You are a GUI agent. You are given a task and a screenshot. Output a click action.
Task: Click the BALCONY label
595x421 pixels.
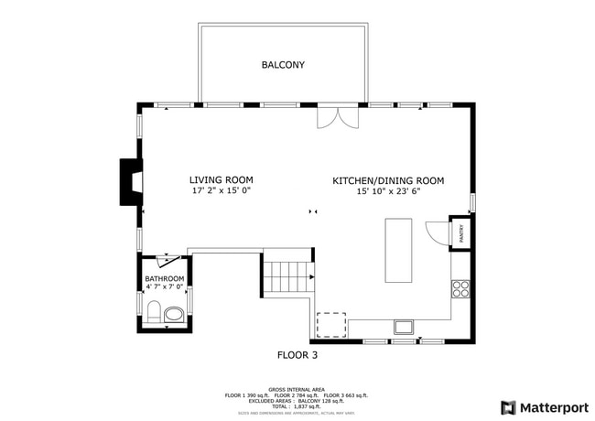pos(283,65)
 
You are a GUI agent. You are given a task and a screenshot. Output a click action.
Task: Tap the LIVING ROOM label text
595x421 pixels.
pos(222,180)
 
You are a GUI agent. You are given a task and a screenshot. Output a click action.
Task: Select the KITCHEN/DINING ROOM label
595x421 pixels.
pos(388,181)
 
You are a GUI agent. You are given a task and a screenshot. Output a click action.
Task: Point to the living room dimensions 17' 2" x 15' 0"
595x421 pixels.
pos(222,192)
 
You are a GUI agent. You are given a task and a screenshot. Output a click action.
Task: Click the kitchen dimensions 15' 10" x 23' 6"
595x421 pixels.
pos(388,192)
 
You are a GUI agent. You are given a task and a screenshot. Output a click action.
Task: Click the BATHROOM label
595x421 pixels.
pos(165,278)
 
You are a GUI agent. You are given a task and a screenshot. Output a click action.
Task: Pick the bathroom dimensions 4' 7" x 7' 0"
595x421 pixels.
pos(165,287)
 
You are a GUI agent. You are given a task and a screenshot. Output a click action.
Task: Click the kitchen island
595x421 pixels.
pos(398,251)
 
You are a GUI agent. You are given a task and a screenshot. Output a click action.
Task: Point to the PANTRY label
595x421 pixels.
pos(461,233)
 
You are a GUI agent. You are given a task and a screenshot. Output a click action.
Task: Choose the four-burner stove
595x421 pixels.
pos(460,290)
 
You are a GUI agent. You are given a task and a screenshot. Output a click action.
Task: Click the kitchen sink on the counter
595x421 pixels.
pos(404,327)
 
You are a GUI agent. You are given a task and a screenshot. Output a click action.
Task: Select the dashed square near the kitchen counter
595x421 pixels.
pos(331,325)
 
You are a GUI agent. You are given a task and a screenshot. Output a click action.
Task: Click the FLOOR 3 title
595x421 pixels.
pos(297,354)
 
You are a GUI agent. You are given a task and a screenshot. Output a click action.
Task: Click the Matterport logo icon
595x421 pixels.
pos(509,407)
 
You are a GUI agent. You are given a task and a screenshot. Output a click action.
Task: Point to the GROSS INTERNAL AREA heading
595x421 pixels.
pos(297,389)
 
